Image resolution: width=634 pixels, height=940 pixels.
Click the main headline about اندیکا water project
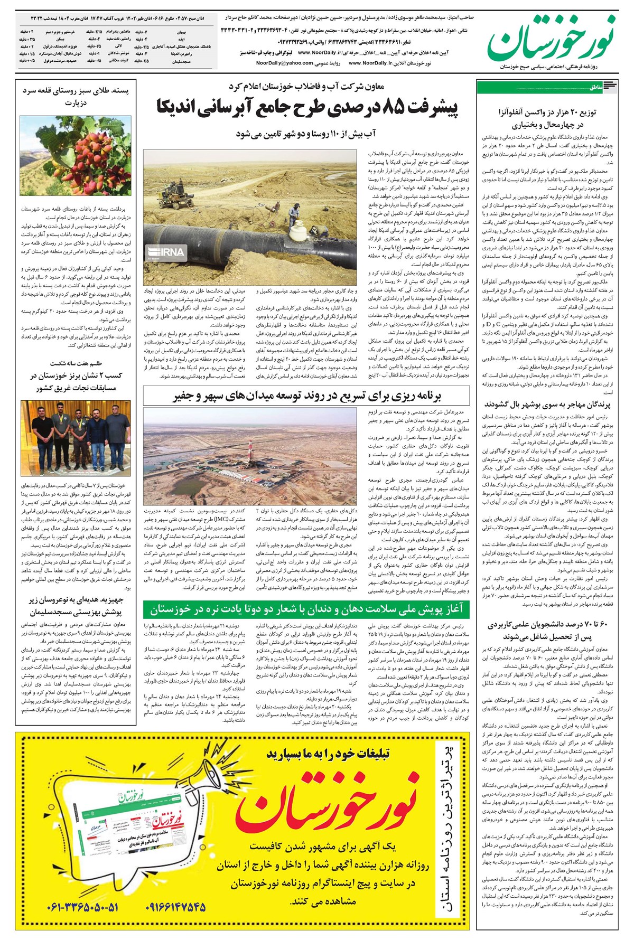point(307,109)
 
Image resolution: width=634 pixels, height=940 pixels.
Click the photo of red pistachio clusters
point(76,155)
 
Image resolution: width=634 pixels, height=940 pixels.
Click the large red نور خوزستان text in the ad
point(328,803)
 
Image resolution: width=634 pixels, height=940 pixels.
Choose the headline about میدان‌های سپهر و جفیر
point(306,396)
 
